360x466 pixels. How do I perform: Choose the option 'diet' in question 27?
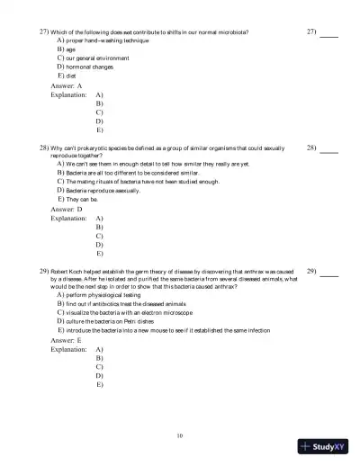(70, 76)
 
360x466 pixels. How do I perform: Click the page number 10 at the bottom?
(180, 436)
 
